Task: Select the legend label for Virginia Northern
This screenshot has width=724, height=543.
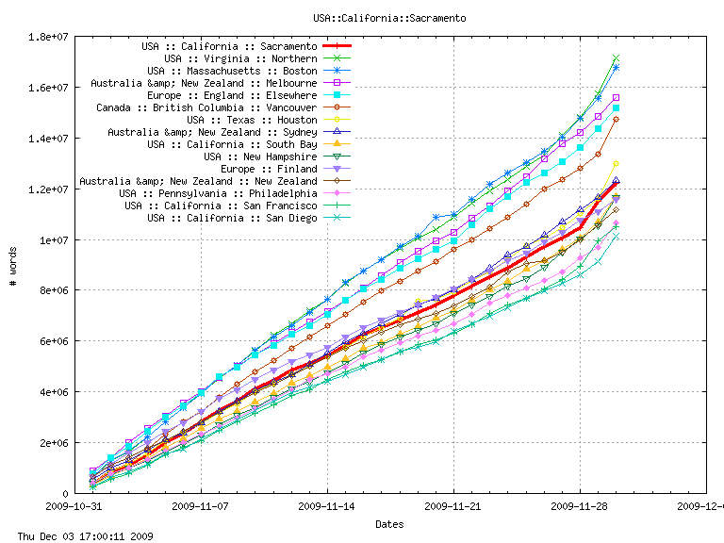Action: (240, 58)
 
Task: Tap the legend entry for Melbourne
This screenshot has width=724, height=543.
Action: (204, 83)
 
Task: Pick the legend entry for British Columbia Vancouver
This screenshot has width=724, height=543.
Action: (206, 107)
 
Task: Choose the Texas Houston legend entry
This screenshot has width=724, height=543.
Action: (252, 120)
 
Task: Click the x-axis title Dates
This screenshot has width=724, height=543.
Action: (389, 523)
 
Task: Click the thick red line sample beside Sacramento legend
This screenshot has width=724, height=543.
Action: (337, 46)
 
